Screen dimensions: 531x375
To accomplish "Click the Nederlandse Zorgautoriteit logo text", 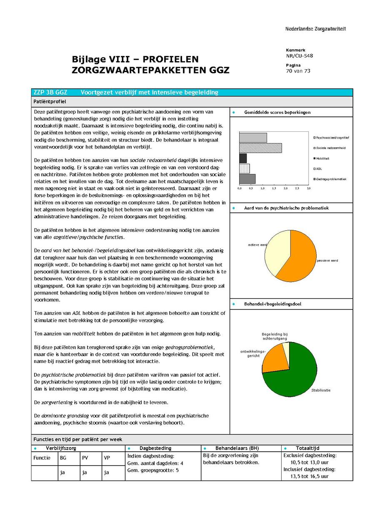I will click(315, 29).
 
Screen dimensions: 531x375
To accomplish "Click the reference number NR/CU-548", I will click(299, 56).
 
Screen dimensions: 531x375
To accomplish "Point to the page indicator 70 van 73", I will click(298, 71).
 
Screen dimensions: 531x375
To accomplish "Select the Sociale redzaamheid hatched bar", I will click(260, 148).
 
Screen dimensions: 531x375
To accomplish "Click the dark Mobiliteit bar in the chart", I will click(243, 158).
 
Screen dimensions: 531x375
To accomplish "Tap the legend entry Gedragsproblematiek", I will click(330, 179).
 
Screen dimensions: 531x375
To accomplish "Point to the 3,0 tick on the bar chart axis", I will click(308, 189).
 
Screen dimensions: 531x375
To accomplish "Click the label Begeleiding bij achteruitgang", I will click(275, 337).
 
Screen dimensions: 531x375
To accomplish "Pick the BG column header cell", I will click(63, 458).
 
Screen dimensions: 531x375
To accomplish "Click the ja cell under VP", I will click(107, 473).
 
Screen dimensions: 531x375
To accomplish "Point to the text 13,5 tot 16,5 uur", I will click(310, 476).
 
